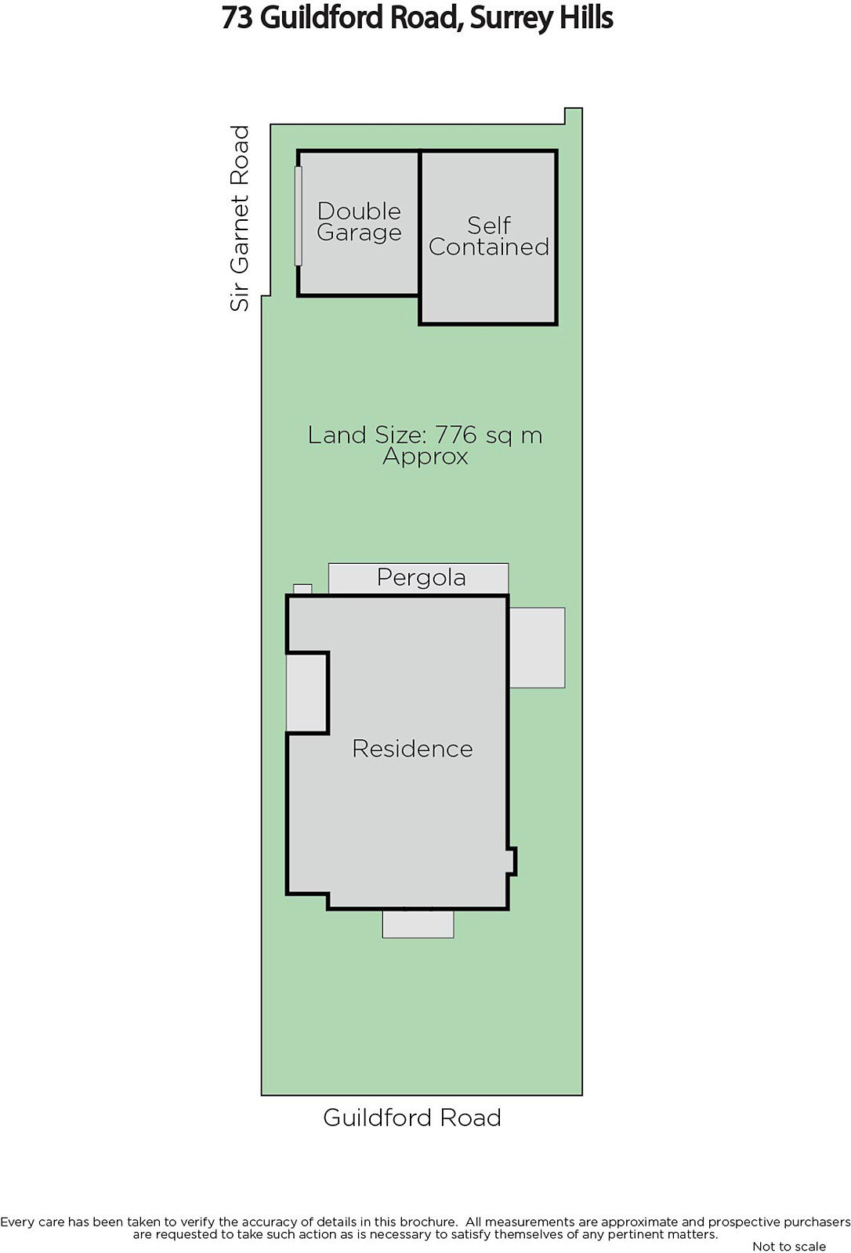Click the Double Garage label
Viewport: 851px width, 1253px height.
(x=359, y=222)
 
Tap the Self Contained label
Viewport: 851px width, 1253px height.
(x=489, y=236)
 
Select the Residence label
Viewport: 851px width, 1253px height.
(x=413, y=749)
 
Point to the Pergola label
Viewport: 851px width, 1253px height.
(x=421, y=577)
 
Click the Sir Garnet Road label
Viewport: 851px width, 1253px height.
(x=240, y=218)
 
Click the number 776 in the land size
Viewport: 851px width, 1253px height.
(x=456, y=435)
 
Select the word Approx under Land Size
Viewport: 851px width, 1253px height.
(x=426, y=457)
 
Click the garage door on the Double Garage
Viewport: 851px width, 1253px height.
(x=299, y=215)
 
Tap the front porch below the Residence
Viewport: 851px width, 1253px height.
(x=418, y=923)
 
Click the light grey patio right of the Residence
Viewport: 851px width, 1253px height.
(x=537, y=647)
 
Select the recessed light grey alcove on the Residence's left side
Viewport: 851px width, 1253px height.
(x=306, y=692)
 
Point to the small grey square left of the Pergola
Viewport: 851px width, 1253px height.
(x=303, y=589)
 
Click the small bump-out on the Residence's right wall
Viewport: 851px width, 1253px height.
(x=512, y=861)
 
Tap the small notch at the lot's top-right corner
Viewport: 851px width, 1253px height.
(x=574, y=116)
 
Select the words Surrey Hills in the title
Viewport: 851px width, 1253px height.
(x=541, y=18)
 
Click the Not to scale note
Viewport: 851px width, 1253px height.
(x=789, y=1246)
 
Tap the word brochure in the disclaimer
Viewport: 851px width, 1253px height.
(x=427, y=1222)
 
